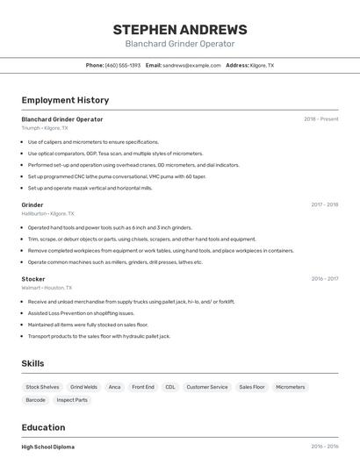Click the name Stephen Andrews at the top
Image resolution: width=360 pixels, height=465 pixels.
[180, 30]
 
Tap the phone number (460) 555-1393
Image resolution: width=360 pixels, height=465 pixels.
[122, 66]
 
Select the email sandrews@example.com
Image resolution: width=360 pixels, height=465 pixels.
[191, 66]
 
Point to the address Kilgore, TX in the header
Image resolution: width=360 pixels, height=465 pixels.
[262, 66]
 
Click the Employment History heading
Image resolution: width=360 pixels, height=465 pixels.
[65, 100]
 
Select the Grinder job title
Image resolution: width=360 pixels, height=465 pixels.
[32, 205]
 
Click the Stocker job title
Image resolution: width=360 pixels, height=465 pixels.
[33, 279]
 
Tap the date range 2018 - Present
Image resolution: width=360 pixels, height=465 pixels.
[320, 119]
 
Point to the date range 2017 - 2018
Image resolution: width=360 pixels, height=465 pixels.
[324, 205]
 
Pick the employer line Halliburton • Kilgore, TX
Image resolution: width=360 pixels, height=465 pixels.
[48, 213]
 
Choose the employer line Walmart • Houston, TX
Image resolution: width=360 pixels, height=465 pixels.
[47, 288]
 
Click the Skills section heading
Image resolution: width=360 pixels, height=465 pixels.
[32, 363]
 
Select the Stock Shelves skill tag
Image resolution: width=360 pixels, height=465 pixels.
[42, 387]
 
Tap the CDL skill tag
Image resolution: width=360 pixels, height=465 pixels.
[169, 387]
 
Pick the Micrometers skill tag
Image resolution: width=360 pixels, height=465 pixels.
[290, 387]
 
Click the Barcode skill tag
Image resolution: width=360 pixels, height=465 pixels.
[35, 400]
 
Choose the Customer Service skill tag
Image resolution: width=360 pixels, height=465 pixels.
[206, 387]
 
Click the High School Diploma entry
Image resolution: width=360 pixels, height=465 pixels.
[48, 447]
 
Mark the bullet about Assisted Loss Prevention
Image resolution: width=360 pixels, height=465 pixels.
[81, 313]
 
